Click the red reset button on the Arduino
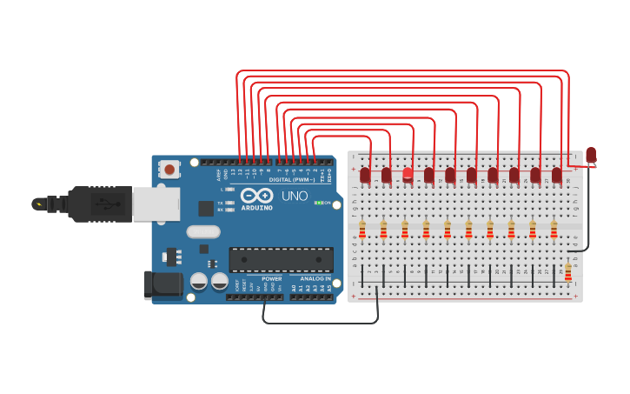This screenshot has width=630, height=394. [x=169, y=167]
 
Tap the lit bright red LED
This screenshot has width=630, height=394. [x=408, y=174]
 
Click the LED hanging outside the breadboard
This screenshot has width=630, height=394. [x=591, y=155]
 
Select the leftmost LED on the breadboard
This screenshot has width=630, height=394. [x=365, y=176]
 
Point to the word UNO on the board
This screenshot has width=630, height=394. [x=295, y=197]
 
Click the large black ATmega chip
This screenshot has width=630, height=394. [x=281, y=259]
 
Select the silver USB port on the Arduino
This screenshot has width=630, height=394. [x=156, y=204]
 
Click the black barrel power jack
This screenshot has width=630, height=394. [x=163, y=284]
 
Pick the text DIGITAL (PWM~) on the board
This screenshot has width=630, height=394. [x=292, y=180]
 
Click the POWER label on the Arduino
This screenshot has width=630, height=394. [x=272, y=279]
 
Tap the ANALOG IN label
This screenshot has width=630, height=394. [x=315, y=279]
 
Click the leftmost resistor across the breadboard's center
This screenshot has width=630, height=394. [x=362, y=230]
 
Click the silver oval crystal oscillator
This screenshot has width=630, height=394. [x=203, y=231]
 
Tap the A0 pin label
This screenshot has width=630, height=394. [x=293, y=288]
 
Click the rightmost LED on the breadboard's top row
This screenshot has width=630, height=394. [x=556, y=176]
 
